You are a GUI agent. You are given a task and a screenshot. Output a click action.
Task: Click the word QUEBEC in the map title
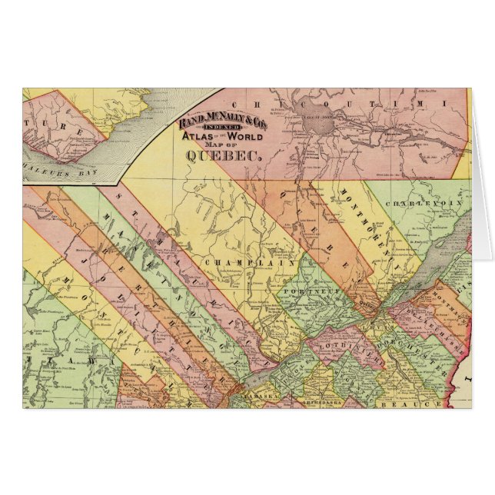click(223, 153)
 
